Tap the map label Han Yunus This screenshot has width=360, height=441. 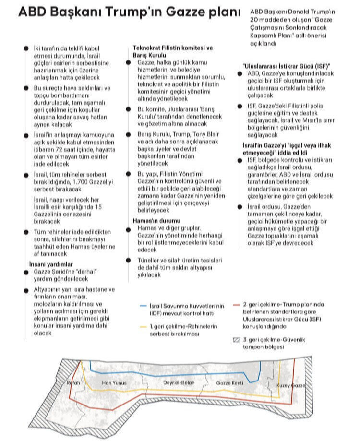(114, 383)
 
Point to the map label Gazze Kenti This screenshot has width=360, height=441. (230, 383)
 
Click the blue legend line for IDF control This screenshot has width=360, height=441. (145, 305)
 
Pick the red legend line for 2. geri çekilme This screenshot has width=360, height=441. (236, 305)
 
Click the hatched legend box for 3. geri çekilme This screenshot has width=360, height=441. (236, 340)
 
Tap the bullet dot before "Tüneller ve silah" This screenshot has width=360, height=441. (129, 260)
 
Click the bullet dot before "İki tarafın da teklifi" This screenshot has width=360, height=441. (25, 48)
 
